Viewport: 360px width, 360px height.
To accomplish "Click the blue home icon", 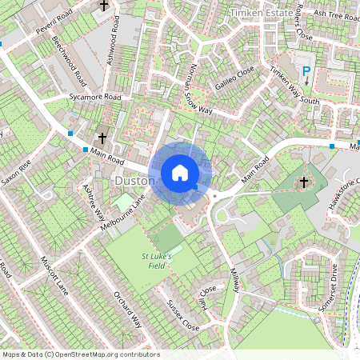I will point(180,172).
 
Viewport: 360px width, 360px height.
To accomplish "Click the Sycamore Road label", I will point(94,96).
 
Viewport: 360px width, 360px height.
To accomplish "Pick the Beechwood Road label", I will point(69,61).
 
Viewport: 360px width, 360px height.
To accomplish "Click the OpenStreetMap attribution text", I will point(81,354).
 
